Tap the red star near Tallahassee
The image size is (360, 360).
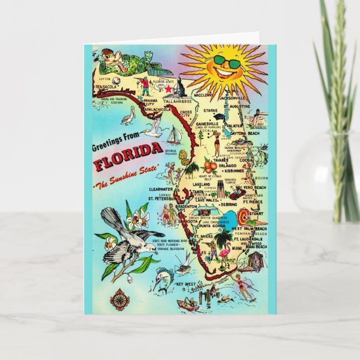point(169,88)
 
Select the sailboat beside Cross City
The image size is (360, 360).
point(174,135)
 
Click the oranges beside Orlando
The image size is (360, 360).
point(210,166)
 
